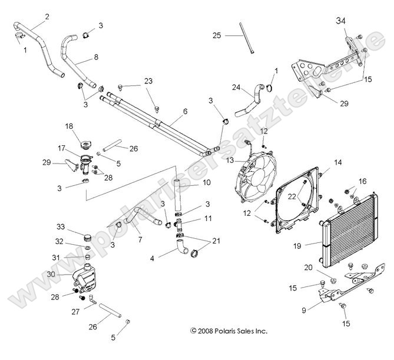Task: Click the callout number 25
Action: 217,36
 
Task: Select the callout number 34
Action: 340,21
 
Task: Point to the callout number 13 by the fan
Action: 230,160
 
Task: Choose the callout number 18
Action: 68,126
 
